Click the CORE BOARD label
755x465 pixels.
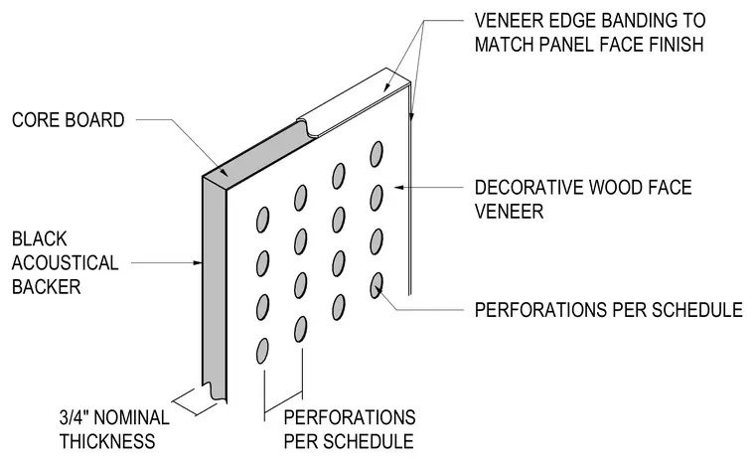point(68,120)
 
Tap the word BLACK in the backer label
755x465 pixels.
point(39,238)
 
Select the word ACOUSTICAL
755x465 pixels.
point(65,263)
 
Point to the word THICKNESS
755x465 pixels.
point(107,441)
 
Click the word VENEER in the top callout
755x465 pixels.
point(505,20)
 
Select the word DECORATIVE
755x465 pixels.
point(531,187)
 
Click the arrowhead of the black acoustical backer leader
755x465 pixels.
point(198,263)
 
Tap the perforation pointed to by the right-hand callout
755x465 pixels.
point(377,285)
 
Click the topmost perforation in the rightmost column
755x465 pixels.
point(377,154)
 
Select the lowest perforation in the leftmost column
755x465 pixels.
point(262,351)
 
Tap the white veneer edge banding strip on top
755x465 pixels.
point(354,102)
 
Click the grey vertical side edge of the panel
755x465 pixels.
point(215,289)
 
